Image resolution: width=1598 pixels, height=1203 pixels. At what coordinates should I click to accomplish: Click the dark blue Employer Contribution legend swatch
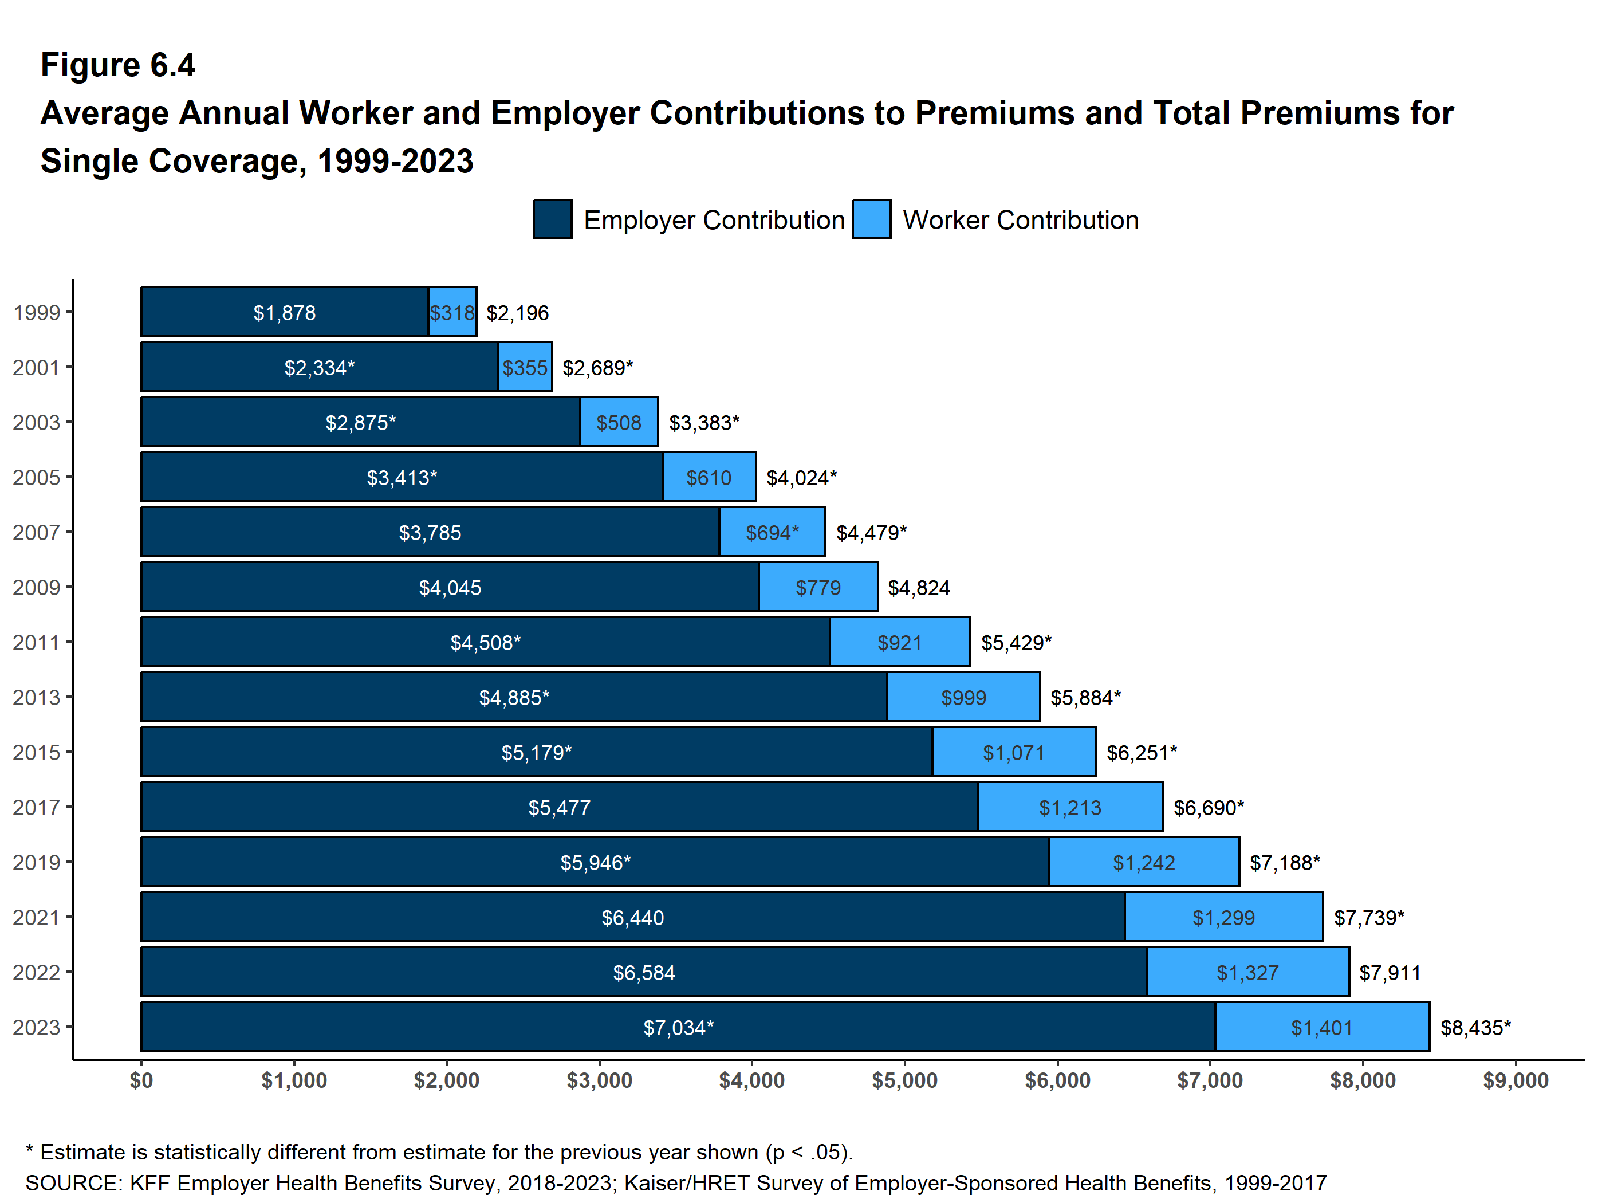(x=552, y=219)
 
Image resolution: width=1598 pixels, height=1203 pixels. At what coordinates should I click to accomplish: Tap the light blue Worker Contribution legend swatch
(x=871, y=219)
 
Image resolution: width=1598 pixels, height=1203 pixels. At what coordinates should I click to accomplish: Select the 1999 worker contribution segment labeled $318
(x=452, y=312)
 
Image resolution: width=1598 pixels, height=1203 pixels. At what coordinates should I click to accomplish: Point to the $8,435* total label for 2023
(x=1475, y=1028)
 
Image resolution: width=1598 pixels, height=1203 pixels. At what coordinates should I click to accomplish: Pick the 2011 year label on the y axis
(x=36, y=642)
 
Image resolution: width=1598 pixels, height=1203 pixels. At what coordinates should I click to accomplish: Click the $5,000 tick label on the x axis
(x=904, y=1080)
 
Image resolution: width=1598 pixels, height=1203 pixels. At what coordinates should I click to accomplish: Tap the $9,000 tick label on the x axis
(x=1515, y=1080)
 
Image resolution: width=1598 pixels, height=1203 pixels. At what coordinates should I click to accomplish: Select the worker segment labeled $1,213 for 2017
(x=1070, y=807)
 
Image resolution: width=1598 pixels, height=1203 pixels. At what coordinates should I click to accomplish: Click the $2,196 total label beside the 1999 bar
(x=517, y=313)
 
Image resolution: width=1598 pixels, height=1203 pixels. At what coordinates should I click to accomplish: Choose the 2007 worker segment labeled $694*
(x=772, y=533)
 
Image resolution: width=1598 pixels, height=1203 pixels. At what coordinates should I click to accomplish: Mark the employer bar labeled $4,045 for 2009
(x=450, y=587)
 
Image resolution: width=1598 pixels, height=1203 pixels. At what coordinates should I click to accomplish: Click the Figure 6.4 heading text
(x=118, y=65)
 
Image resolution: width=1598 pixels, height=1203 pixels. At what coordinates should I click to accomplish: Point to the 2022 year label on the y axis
(x=36, y=973)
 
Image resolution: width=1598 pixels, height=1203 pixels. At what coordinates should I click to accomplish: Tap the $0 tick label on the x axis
(x=141, y=1080)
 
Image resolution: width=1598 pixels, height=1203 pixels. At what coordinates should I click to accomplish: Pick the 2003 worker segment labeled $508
(x=619, y=423)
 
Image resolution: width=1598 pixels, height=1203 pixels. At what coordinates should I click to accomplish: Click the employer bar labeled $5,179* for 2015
(x=536, y=752)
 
